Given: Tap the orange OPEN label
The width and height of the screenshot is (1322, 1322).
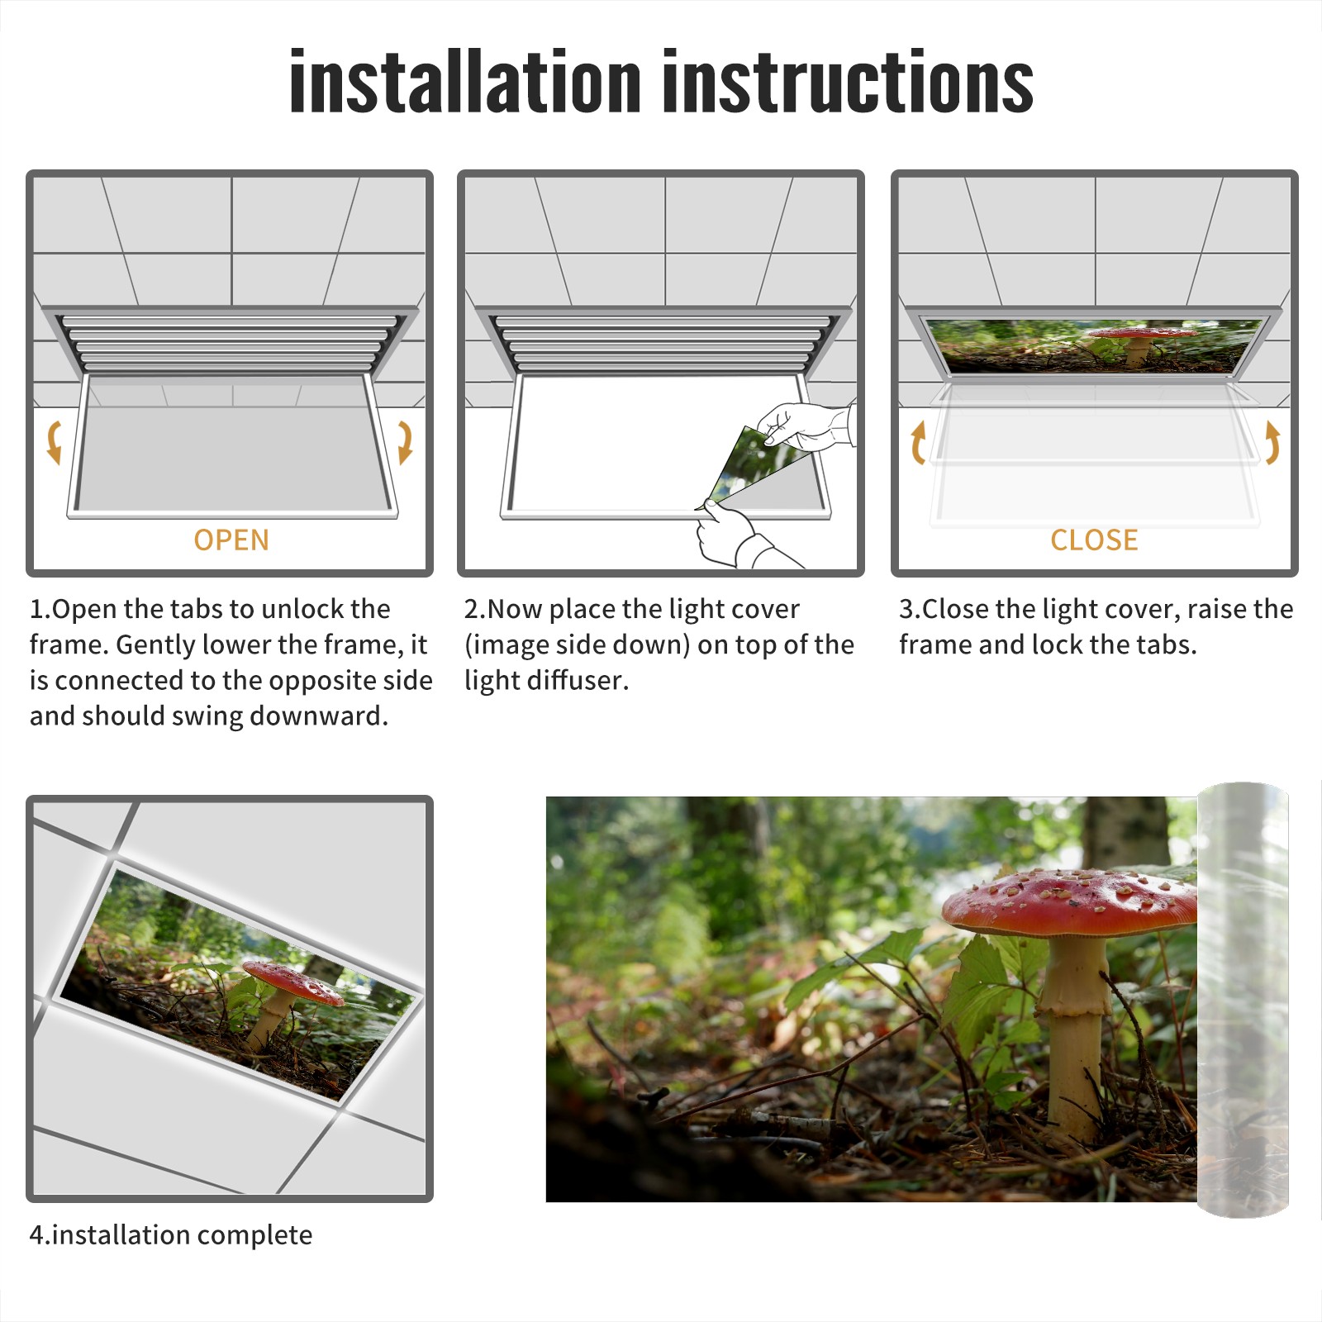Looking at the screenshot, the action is (231, 540).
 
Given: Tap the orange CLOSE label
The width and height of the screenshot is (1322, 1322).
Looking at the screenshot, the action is (1094, 540).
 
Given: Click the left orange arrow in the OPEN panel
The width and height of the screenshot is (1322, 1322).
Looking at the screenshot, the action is (54, 442).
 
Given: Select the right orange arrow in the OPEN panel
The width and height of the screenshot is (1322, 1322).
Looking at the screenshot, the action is (405, 442).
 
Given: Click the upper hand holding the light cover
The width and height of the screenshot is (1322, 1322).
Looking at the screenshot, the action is (806, 426).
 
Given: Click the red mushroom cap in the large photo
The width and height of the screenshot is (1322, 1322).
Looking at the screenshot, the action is (1069, 902).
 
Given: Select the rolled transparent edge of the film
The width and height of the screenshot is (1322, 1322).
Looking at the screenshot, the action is (1243, 1000).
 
